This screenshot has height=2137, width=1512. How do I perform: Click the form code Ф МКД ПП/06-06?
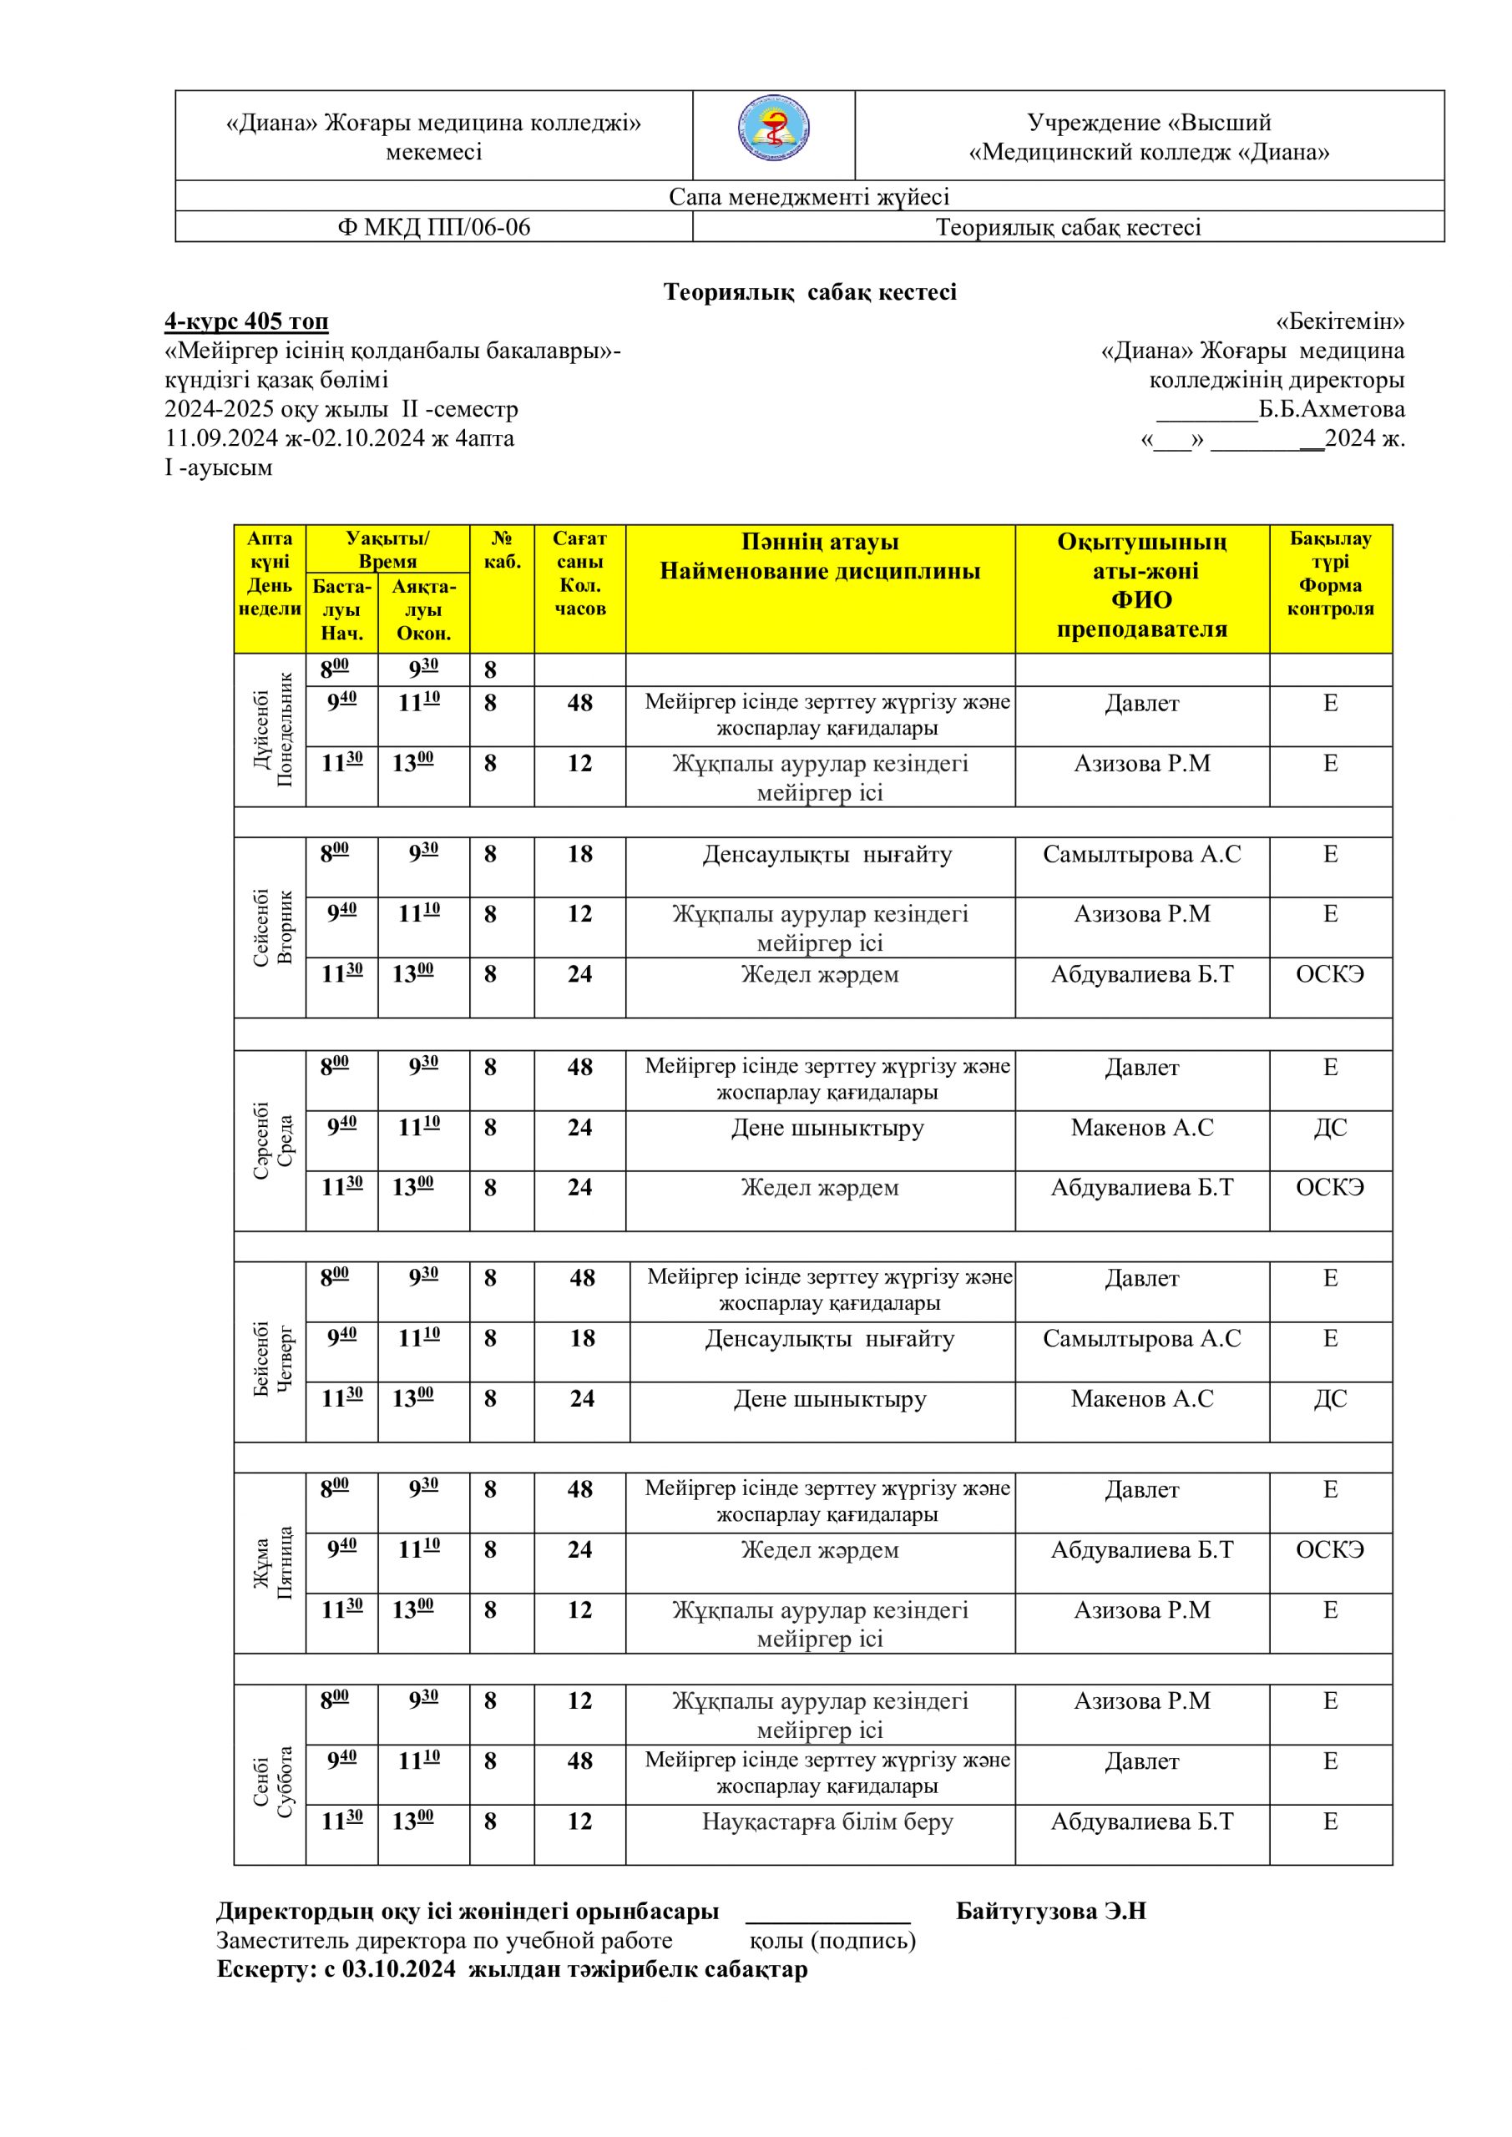(x=433, y=227)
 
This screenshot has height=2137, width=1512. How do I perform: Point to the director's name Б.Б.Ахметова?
(x=1332, y=410)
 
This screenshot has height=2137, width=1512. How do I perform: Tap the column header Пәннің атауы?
(x=819, y=542)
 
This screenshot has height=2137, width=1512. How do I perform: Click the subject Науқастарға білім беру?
(x=827, y=1821)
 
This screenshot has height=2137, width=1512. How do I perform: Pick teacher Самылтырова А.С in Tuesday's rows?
(x=1141, y=855)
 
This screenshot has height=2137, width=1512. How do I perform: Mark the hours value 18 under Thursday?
(x=582, y=1338)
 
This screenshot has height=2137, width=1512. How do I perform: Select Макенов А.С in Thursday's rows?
(x=1141, y=1399)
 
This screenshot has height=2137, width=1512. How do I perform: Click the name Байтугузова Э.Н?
(x=1050, y=1912)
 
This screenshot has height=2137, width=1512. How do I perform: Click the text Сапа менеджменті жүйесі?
(x=808, y=196)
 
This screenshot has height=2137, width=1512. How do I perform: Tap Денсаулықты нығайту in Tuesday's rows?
(x=827, y=855)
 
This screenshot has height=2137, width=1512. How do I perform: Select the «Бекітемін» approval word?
(x=1339, y=322)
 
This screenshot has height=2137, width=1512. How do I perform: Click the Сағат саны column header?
(x=579, y=573)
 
